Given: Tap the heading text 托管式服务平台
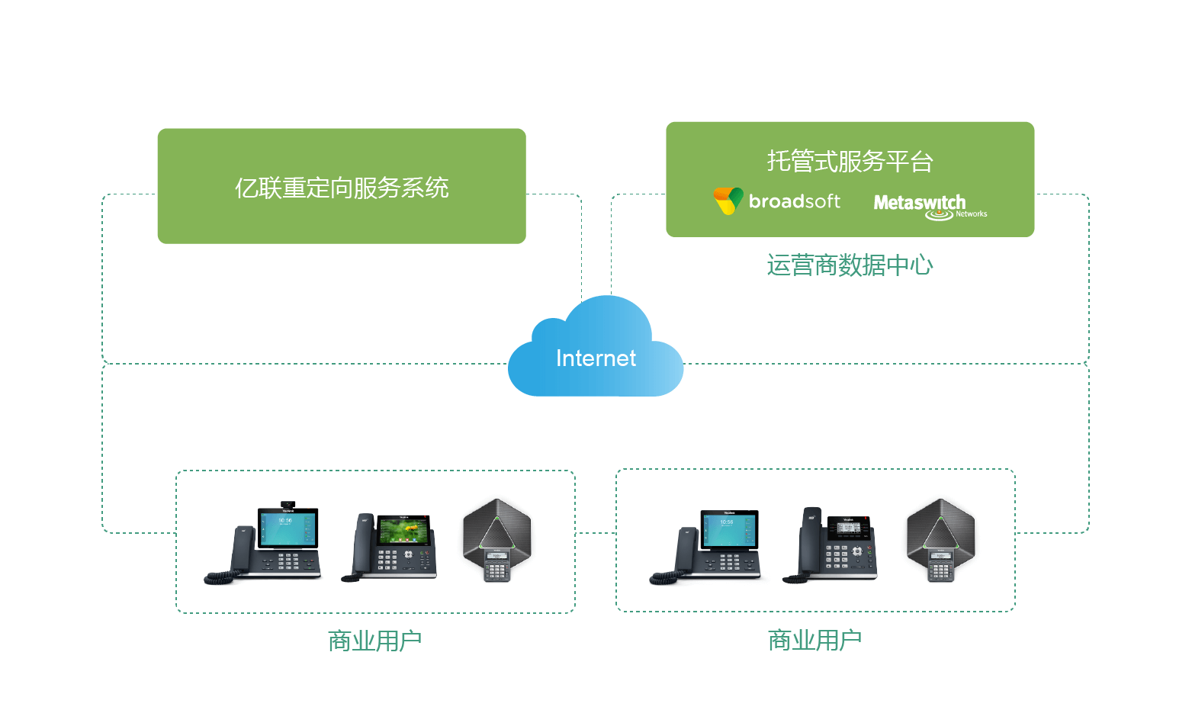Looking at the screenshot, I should (850, 161).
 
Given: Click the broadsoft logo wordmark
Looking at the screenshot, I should (794, 201).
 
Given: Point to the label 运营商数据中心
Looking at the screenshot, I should (850, 265).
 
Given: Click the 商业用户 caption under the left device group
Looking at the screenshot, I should (374, 641).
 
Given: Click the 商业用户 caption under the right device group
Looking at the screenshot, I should (814, 640).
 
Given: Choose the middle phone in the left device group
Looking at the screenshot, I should (390, 547).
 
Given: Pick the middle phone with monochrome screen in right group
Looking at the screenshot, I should (831, 544).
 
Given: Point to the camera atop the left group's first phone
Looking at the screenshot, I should (288, 504).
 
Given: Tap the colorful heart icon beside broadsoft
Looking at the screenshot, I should (728, 201).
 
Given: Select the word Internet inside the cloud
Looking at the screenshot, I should (596, 358).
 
